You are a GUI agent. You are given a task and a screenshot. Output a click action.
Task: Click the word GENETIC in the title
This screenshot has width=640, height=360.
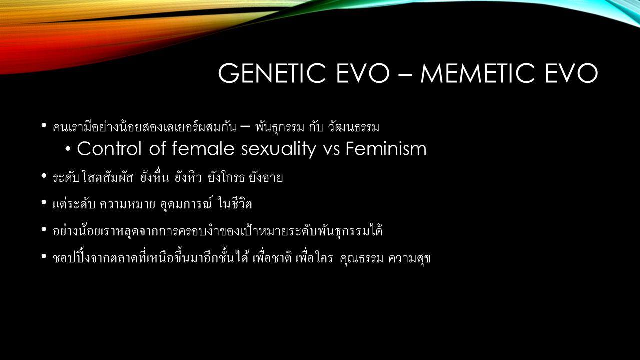point(272,73)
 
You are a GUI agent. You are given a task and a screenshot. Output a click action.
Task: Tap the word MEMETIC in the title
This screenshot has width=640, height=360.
point(478,73)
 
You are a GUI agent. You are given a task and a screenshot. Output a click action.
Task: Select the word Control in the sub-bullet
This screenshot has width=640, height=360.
point(109,149)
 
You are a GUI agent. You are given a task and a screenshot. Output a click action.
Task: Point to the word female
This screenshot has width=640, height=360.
point(203,148)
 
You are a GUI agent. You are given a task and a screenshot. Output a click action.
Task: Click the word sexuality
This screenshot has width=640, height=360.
point(279,149)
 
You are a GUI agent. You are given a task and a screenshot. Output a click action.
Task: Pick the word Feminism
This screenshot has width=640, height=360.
point(386,148)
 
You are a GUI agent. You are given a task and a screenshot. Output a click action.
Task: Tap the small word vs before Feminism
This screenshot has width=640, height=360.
point(331,151)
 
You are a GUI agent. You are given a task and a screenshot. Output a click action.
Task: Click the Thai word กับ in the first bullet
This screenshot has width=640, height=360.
point(316,127)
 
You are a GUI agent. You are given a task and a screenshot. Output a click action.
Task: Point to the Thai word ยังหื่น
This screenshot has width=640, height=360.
point(154,177)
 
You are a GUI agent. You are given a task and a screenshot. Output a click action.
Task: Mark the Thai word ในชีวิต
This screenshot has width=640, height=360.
point(235,204)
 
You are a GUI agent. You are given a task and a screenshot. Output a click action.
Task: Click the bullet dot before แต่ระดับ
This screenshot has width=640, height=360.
point(44,203)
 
